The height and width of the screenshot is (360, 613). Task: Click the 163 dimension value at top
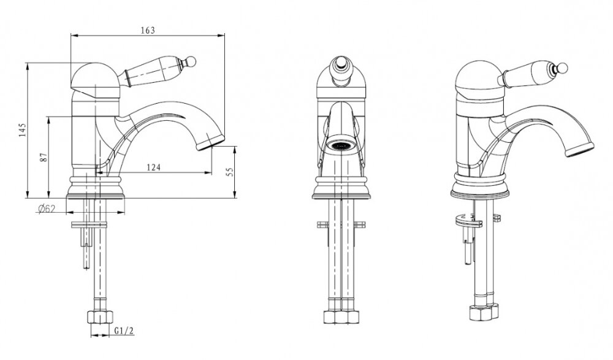(148, 30)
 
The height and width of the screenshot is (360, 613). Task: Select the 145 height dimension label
(22, 130)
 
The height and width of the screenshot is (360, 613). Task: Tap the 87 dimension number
(44, 157)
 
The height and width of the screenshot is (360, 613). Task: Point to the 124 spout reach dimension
(154, 167)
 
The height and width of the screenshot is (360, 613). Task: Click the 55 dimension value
(230, 172)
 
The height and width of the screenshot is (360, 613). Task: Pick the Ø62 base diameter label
(47, 209)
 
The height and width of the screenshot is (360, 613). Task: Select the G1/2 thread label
(124, 331)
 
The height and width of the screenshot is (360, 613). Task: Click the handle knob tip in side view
(191, 61)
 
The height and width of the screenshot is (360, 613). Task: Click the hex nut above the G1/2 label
(100, 316)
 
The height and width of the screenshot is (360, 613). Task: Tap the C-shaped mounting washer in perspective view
(469, 221)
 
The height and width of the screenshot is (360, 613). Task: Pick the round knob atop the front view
(341, 63)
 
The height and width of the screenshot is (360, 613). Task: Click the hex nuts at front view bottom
(341, 316)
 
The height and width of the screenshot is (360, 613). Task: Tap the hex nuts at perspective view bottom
(484, 312)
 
